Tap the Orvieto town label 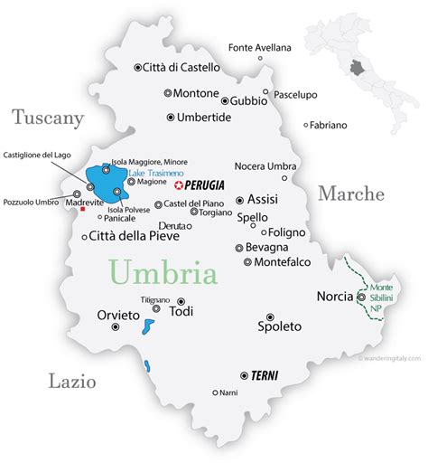click(x=117, y=316)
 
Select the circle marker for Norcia click(x=361, y=296)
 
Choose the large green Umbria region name click(x=163, y=272)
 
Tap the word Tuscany click(x=47, y=118)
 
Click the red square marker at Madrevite click(x=83, y=209)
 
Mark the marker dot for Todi click(x=181, y=302)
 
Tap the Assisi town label click(x=263, y=201)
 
